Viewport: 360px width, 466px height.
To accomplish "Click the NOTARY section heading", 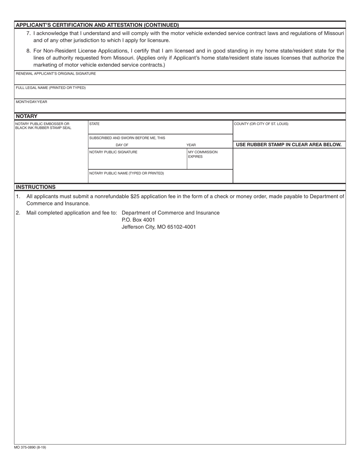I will click(27, 116).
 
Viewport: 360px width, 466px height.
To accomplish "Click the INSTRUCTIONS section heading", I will click(36, 187).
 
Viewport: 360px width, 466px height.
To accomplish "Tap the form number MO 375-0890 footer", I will click(30, 447).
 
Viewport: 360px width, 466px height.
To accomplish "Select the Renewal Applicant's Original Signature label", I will click(56, 73).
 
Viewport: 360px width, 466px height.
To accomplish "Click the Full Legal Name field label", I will click(50, 88).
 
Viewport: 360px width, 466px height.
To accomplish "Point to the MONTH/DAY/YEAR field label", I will click(31, 102).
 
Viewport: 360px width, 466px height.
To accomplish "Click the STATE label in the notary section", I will click(94, 124).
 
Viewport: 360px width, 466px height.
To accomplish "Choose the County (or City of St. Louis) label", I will click(261, 124).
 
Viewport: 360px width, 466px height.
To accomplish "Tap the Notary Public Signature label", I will click(113, 152).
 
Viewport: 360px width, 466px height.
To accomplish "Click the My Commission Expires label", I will click(203, 154).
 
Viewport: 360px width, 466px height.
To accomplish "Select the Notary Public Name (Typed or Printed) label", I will click(127, 173).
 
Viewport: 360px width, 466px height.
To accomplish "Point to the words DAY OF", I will click(122, 145).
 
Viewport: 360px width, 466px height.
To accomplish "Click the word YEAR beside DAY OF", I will click(191, 145).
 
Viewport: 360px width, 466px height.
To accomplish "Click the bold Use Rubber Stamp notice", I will click(289, 144).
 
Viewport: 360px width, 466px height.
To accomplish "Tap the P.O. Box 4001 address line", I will click(138, 220).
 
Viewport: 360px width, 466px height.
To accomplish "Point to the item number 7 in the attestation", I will click(28, 33).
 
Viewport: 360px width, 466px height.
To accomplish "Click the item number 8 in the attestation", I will click(28, 51).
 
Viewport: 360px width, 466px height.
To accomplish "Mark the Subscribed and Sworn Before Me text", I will click(127, 138).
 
